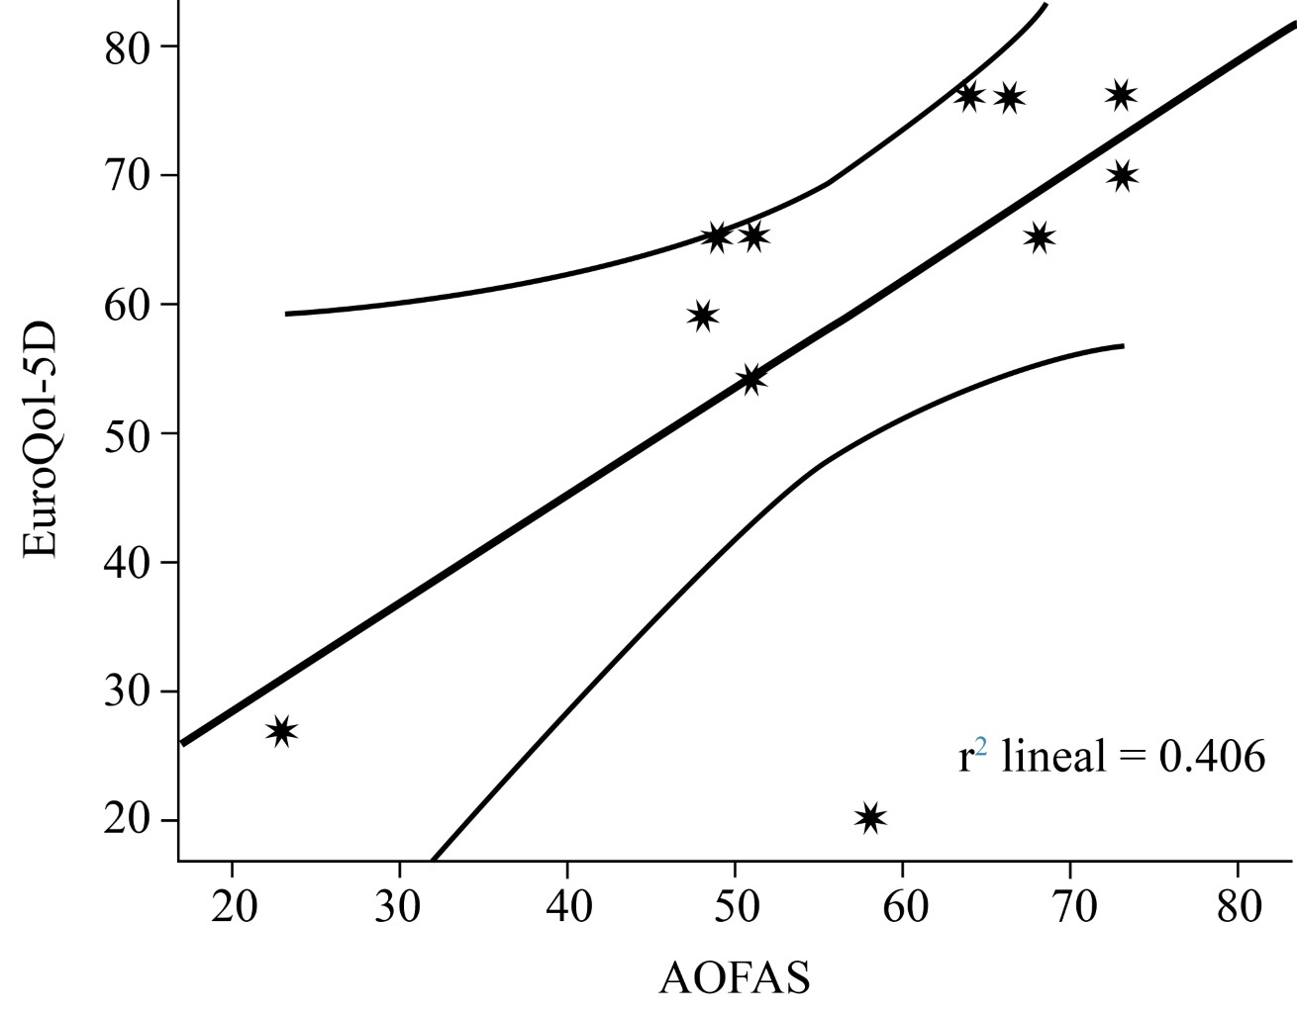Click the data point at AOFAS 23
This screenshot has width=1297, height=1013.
coord(282,731)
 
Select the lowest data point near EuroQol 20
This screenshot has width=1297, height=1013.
coord(870,818)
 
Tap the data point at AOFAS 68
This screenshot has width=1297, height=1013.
coord(1039,237)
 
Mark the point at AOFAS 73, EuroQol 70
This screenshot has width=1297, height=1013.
coord(1121,176)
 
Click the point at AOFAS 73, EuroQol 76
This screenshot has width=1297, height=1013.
coord(1121,95)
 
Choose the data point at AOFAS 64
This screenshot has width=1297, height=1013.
coord(969,96)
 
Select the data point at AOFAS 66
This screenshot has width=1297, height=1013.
coord(1009,97)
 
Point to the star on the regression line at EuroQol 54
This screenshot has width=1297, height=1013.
coord(752,379)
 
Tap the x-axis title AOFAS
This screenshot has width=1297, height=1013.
coord(734,977)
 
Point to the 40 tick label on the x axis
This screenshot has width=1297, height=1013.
coord(566,907)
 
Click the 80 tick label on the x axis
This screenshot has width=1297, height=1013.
coord(1238,907)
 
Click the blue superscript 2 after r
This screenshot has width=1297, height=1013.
coord(981,747)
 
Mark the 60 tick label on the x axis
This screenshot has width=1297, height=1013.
coord(902,907)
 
